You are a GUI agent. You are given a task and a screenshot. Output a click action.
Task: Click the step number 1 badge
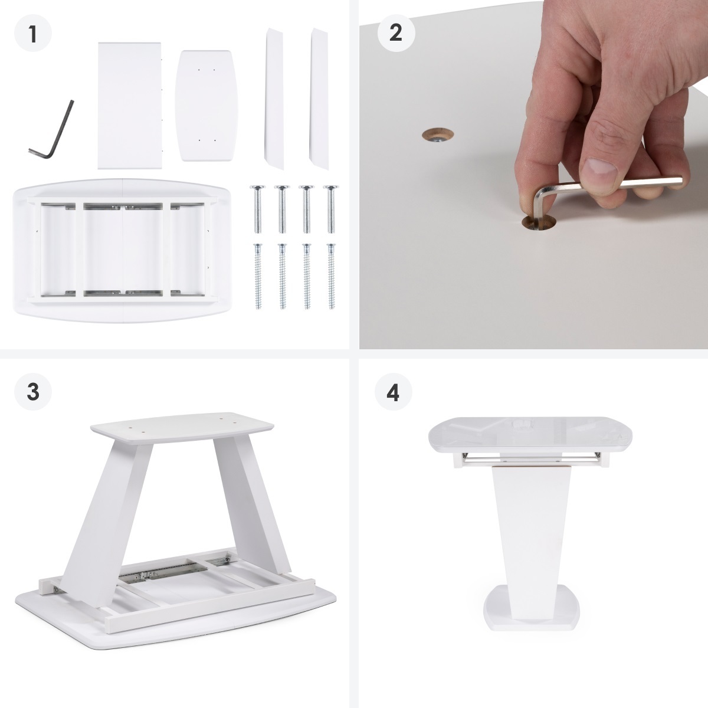point(33,33)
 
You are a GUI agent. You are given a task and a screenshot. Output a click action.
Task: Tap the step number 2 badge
point(396,33)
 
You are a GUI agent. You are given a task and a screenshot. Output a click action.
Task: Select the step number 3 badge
point(33,392)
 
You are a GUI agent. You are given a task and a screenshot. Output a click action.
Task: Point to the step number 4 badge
point(394,392)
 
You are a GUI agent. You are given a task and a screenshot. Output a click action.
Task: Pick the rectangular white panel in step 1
point(130,106)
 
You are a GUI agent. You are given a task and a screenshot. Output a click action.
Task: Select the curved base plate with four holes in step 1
point(206,106)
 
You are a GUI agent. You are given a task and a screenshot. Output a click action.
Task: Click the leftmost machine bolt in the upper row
point(258,209)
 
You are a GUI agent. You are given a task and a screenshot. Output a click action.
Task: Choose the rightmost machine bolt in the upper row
point(330,209)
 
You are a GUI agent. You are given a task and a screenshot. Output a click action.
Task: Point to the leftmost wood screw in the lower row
point(258,276)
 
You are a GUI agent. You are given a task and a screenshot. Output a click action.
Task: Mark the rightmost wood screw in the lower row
point(331,276)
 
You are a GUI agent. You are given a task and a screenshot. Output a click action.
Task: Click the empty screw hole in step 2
point(438,135)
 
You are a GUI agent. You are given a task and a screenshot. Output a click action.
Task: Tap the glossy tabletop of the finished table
point(530,435)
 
